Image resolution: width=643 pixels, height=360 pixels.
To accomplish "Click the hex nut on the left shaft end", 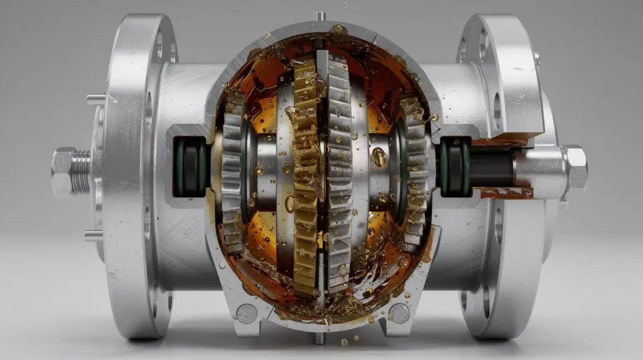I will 63,171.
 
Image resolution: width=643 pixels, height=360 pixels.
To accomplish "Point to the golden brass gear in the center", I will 306,176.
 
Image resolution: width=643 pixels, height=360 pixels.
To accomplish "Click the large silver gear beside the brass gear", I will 337,176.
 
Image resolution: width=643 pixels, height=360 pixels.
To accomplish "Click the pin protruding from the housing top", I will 320,16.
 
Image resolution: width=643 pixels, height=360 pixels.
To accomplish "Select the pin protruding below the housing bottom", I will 320,337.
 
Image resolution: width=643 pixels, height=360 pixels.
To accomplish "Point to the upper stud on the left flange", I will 95,99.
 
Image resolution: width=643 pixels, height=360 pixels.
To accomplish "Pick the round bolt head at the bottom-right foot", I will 399,312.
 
